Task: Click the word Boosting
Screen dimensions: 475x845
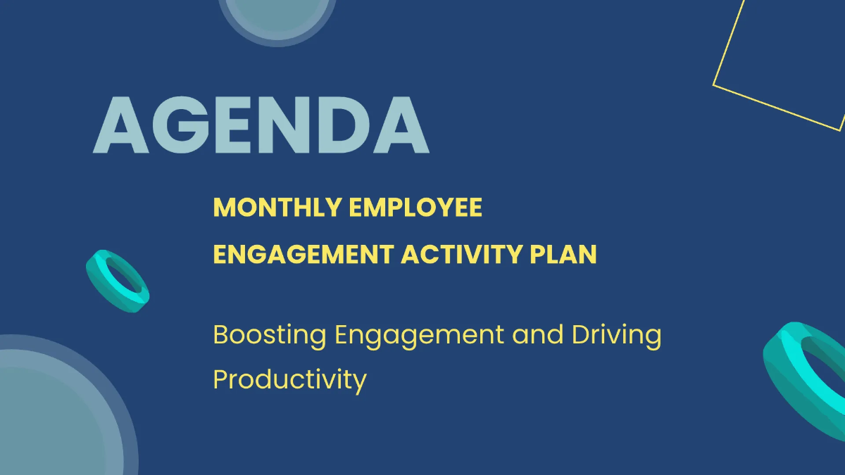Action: coord(270,335)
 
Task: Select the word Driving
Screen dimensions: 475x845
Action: coord(617,336)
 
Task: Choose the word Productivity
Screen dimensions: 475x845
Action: coord(289,380)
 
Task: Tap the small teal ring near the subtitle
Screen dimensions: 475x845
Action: coord(118,281)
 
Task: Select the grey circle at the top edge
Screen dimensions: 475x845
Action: coord(277,18)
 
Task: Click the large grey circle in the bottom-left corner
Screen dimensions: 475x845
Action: coord(56,415)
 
